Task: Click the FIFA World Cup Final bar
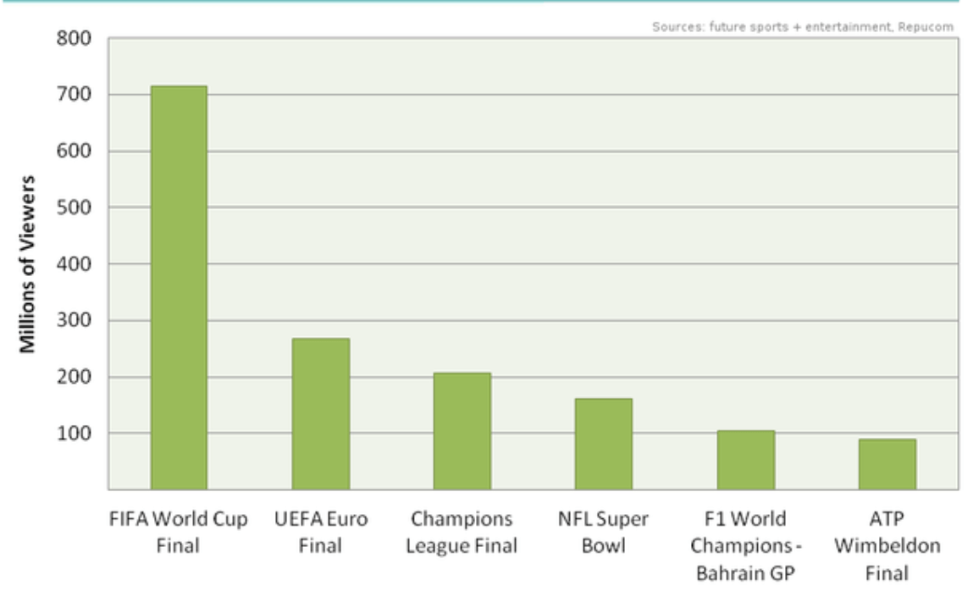(179, 288)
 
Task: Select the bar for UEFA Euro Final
(320, 414)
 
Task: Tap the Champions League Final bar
(462, 431)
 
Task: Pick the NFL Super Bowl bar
(603, 444)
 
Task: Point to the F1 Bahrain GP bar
(745, 460)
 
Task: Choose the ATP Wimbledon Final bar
(887, 464)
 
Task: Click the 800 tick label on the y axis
(75, 39)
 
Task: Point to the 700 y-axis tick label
(75, 95)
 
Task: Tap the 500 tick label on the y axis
(75, 207)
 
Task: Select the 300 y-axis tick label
(75, 321)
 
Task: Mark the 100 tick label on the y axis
(75, 434)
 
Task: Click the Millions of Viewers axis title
(28, 263)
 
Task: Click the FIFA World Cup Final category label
(178, 532)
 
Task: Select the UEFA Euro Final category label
(320, 532)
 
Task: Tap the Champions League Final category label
(462, 532)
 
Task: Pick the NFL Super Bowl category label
(603, 532)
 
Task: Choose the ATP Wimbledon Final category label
(887, 545)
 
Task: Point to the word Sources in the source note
(670, 27)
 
